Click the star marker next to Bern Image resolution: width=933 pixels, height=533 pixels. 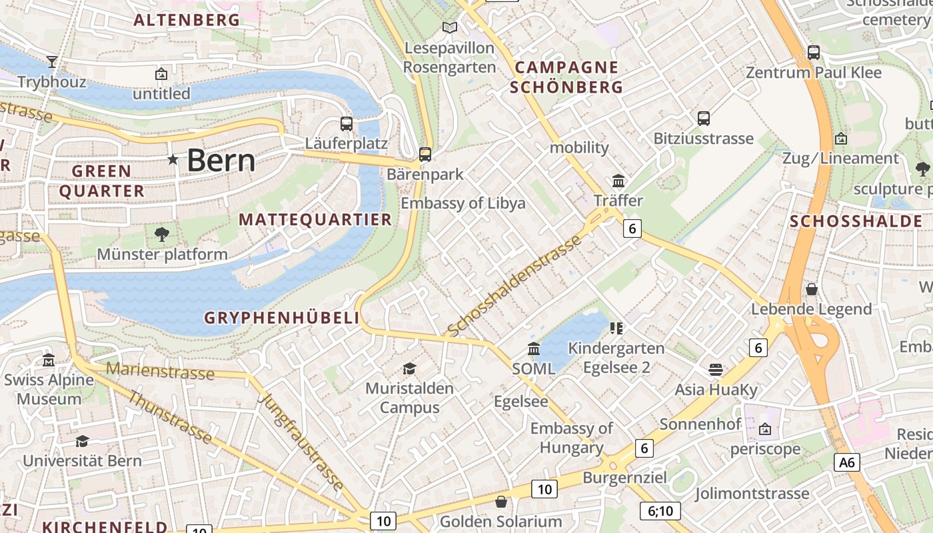(x=173, y=160)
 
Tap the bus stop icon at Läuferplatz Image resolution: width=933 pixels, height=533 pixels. (x=347, y=123)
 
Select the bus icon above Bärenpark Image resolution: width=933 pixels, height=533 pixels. (x=425, y=155)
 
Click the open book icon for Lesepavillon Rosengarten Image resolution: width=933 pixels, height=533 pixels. (x=450, y=28)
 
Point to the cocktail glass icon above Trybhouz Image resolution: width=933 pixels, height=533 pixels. (x=52, y=62)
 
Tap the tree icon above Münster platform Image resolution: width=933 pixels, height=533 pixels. (x=161, y=234)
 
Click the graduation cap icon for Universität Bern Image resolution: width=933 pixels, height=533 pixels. (x=82, y=441)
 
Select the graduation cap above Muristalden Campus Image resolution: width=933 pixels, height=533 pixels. (x=409, y=368)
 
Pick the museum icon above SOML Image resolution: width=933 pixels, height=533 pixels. (x=534, y=348)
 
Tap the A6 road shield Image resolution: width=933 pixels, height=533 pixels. (x=846, y=462)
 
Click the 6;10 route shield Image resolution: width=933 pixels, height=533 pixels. (x=660, y=511)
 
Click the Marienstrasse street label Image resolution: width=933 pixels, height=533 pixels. (x=160, y=371)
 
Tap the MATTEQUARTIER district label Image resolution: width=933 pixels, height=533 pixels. (x=315, y=220)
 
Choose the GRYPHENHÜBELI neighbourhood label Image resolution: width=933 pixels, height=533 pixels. (x=282, y=318)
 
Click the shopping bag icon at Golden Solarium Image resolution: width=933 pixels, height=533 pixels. (x=501, y=502)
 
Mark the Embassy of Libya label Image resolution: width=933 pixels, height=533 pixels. (x=463, y=203)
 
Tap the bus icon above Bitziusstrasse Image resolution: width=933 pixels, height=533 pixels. (x=704, y=119)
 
